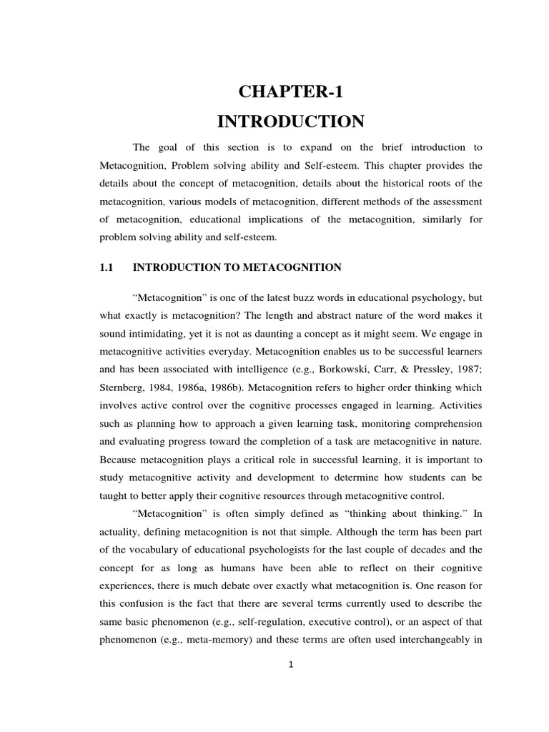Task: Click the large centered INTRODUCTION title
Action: pos(290,122)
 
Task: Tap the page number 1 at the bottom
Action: pos(291,664)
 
